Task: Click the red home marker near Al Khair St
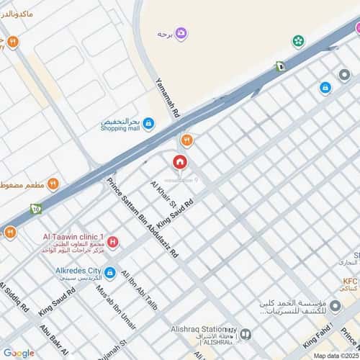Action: coord(179,161)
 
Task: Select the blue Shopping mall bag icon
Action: coord(148,124)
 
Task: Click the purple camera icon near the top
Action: coord(181,33)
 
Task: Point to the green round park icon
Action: coord(297,41)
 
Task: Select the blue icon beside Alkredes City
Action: coord(109,273)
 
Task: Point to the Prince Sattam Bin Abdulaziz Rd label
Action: coord(142,217)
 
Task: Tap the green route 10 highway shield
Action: coord(35,210)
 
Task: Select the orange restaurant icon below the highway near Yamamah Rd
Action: coord(186,140)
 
